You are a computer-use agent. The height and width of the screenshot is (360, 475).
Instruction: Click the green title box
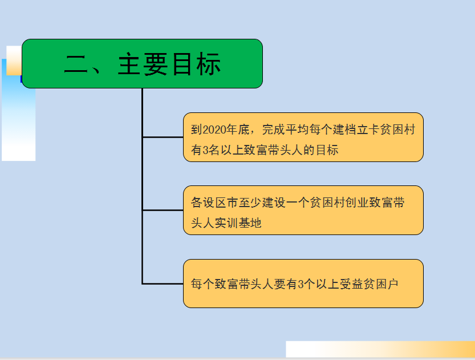tap(142, 64)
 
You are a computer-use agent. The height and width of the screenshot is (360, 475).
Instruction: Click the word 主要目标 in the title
tap(169, 64)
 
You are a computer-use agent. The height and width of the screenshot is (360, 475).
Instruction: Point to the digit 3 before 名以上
tap(205, 150)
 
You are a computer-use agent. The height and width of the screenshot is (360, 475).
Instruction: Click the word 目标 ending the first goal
tap(327, 150)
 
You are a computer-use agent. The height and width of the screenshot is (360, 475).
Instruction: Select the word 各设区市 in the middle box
tap(214, 203)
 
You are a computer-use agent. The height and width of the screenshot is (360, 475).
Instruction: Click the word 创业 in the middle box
tap(357, 203)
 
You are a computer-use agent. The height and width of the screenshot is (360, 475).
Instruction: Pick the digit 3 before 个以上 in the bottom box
tap(301, 284)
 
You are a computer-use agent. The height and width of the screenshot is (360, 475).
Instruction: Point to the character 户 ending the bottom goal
tap(392, 284)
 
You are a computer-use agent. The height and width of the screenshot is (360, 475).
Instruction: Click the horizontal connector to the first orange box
tap(163, 137)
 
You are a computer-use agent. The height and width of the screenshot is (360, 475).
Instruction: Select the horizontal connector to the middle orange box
tap(163, 210)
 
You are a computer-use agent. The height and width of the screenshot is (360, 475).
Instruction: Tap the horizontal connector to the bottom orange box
tap(163, 284)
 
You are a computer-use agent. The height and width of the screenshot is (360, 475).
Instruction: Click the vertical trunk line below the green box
tap(142, 187)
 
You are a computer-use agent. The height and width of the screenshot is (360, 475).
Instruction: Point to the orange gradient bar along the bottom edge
tap(380, 349)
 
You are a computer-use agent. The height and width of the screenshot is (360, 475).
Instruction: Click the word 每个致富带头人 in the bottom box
tap(232, 284)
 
